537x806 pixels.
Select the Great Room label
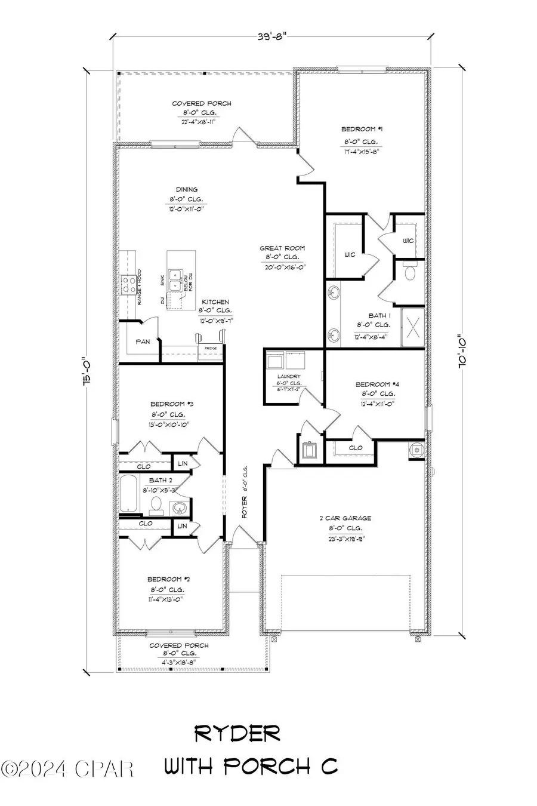click(x=282, y=248)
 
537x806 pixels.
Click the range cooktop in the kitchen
click(x=128, y=285)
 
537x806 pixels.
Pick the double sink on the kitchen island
click(x=175, y=278)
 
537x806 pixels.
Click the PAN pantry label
click(x=142, y=342)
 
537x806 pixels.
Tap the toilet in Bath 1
click(x=411, y=273)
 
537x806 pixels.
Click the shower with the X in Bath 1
click(x=412, y=327)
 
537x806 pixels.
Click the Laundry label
click(x=288, y=377)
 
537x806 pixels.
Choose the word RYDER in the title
click(x=237, y=734)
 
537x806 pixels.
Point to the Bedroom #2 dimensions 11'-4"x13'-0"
click(x=164, y=599)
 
